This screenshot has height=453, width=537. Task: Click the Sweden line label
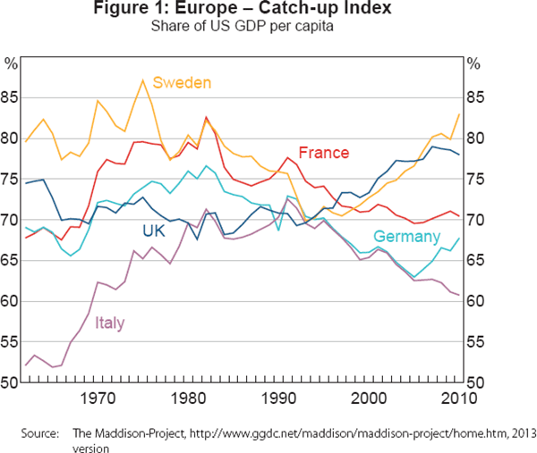click(x=182, y=83)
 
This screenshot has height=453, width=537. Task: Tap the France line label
click(x=324, y=153)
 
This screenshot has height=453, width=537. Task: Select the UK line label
click(x=155, y=231)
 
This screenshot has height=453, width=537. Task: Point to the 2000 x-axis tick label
click(x=369, y=397)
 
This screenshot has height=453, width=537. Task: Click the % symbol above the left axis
click(x=12, y=63)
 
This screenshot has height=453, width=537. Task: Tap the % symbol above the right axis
click(x=474, y=63)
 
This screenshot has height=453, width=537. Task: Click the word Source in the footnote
click(x=39, y=434)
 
